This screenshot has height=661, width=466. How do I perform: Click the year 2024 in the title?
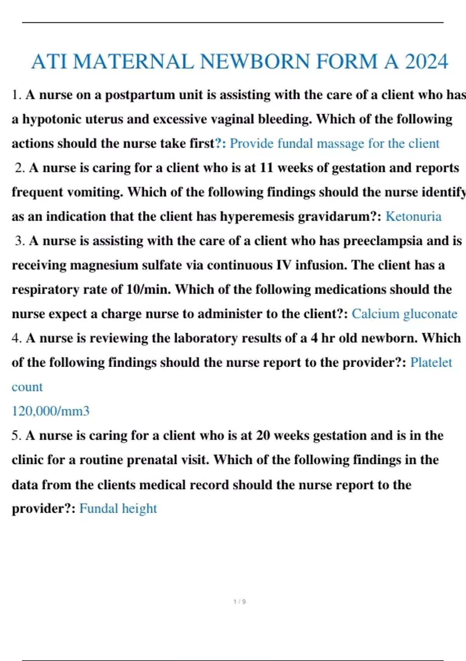coord(426,62)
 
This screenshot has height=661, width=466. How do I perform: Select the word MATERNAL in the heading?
coord(133,62)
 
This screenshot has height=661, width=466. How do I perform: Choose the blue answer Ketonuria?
coord(413,217)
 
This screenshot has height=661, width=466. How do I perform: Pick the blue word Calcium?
coord(375,314)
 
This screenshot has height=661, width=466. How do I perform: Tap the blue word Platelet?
coord(431,362)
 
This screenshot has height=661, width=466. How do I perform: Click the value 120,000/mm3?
coord(50,411)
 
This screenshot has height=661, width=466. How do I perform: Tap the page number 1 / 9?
coord(240,602)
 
